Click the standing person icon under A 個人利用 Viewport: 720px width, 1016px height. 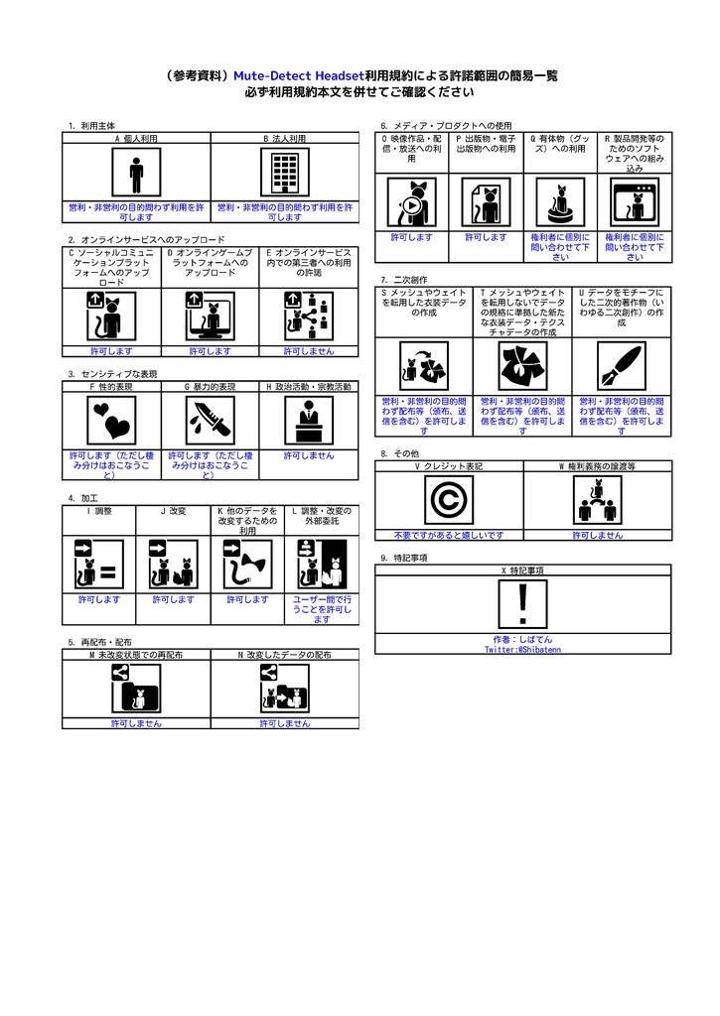point(136,174)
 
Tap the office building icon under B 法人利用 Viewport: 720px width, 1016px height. point(285,174)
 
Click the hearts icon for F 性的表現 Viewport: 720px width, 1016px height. point(111,421)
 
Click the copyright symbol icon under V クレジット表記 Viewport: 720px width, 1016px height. point(448,500)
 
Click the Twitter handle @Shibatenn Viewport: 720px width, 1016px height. point(523,649)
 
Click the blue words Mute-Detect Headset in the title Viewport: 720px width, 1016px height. point(298,75)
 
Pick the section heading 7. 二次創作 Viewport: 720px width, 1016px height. point(404,280)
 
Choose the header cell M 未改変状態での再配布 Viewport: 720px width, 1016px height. point(136,655)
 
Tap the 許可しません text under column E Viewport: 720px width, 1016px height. point(309,351)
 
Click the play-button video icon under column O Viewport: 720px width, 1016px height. point(411,203)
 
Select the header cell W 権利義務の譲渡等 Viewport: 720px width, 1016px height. point(597,465)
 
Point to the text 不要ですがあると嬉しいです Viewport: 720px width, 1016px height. point(448,535)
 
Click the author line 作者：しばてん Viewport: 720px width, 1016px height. point(523,639)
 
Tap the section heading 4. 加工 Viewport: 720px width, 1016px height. point(83,497)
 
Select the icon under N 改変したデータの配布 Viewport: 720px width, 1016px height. point(285,689)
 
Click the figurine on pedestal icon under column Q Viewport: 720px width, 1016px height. point(560,203)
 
